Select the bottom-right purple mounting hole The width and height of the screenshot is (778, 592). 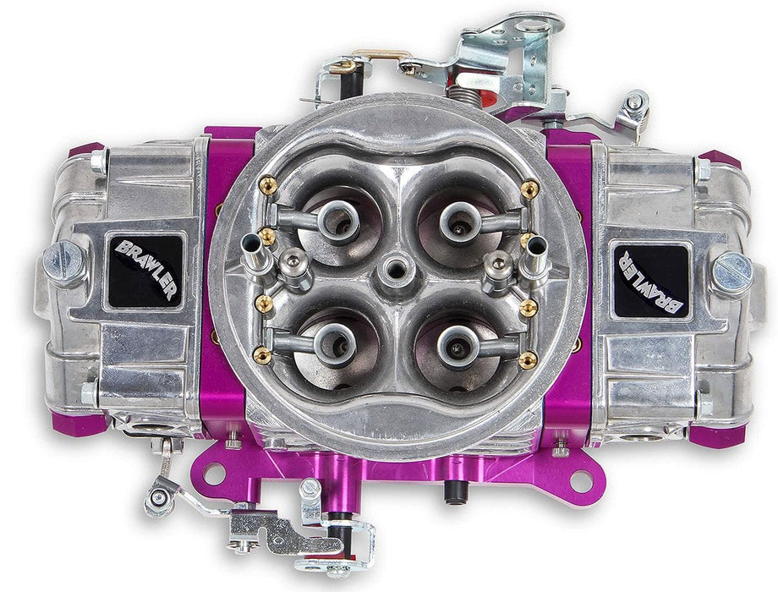coord(580,480)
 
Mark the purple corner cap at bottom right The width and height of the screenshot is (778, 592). coord(719,434)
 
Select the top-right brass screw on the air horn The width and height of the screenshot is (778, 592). coord(529,189)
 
